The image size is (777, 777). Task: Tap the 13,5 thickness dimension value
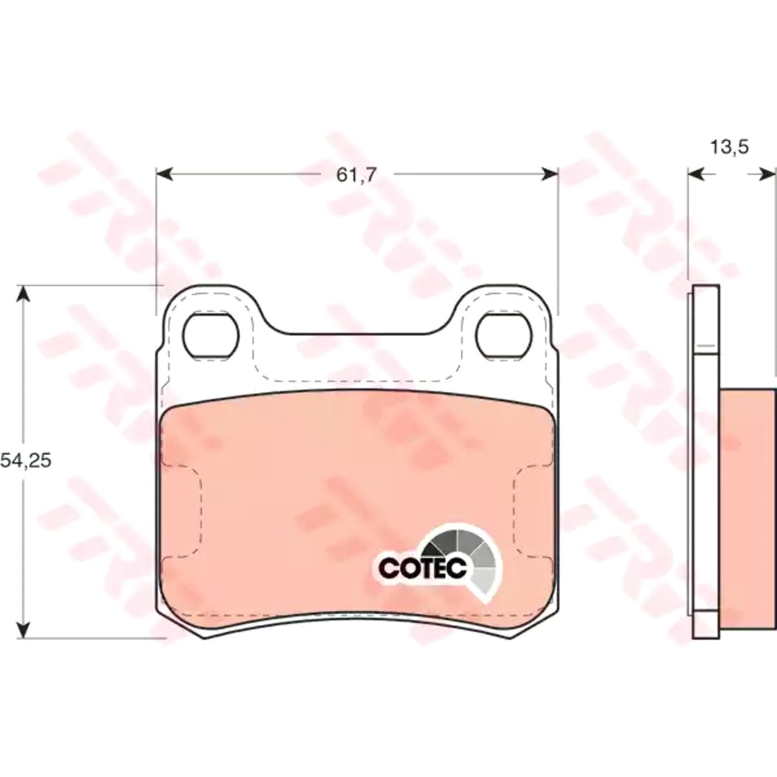730,148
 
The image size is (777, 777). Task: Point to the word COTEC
423,568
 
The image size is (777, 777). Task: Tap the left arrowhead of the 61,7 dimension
164,174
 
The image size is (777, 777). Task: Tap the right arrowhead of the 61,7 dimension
549,174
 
